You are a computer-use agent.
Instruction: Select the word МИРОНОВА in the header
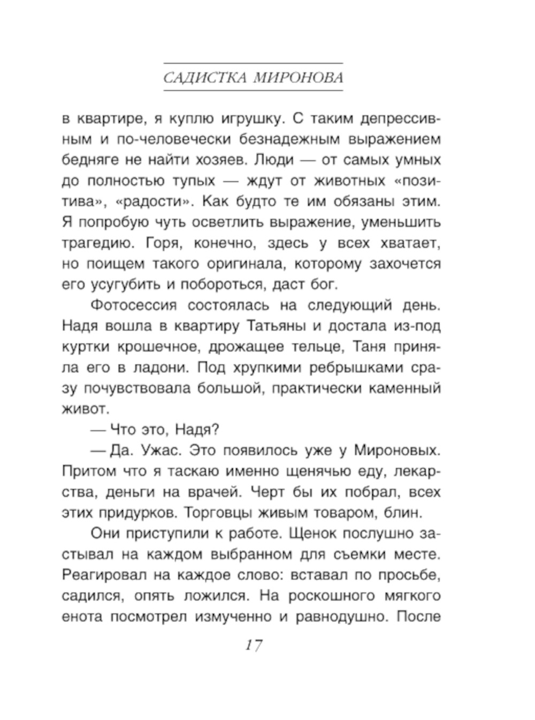(x=298, y=78)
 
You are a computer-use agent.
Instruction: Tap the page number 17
(x=254, y=645)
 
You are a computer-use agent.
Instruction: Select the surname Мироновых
(x=397, y=450)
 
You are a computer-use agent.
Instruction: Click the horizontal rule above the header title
(x=253, y=63)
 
